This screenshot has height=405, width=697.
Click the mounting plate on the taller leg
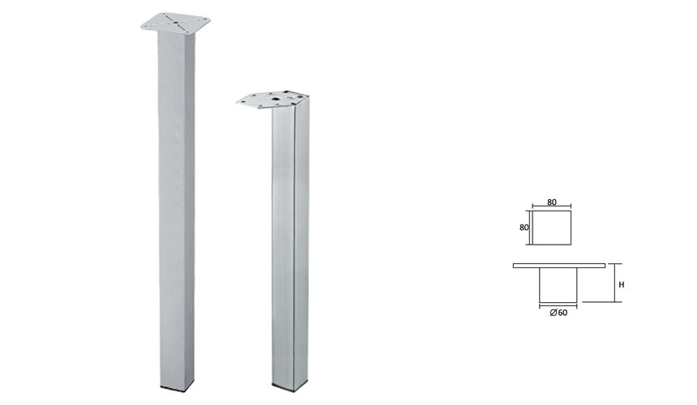(175, 22)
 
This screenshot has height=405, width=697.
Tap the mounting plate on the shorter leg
(272, 100)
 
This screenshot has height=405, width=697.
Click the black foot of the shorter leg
(289, 390)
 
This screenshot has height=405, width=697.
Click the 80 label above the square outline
(552, 202)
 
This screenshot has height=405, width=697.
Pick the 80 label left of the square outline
(524, 227)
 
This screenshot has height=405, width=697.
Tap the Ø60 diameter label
(558, 313)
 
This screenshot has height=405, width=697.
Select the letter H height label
(622, 284)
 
